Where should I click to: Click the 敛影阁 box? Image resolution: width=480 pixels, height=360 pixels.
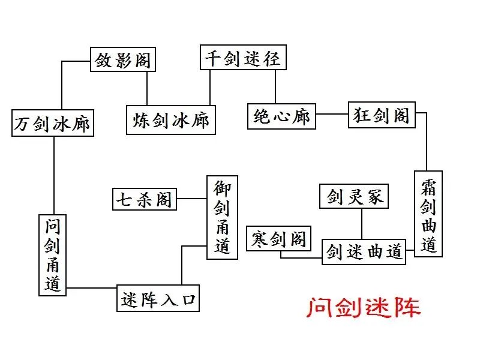(122, 60)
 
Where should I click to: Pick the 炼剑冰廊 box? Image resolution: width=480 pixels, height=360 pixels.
(171, 119)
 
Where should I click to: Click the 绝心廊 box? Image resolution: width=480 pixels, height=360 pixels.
(282, 116)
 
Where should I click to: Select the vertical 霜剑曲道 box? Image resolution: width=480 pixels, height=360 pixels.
(428, 214)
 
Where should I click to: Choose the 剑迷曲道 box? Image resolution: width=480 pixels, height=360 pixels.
(364, 251)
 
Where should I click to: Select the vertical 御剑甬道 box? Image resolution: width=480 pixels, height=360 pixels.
(222, 217)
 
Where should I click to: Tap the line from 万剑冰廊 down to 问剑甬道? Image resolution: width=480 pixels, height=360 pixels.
(54, 174)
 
